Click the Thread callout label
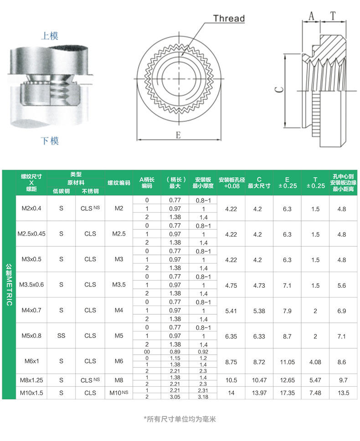coord(229,18)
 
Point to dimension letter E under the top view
coord(178,135)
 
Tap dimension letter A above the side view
coord(312,16)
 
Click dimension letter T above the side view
coord(333,16)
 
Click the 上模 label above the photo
coord(50,36)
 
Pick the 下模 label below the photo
coord(50,140)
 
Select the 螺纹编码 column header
coord(119,183)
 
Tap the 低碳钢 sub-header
coord(62,191)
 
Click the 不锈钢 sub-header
coord(90,191)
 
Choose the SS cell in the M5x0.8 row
coord(62,336)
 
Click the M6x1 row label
coord(31,361)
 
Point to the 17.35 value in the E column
coord(287,393)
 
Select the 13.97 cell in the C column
coord(259,393)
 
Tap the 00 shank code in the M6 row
coord(147,352)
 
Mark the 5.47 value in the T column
coord(315,380)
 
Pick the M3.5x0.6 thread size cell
coord(31,285)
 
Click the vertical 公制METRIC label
coord(9,285)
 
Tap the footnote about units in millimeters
coord(180,419)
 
